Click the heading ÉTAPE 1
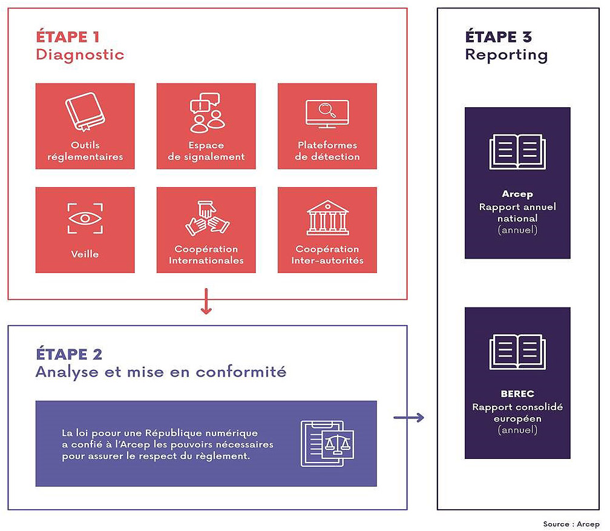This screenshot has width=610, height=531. [68, 36]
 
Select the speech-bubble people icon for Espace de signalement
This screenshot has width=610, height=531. [206, 113]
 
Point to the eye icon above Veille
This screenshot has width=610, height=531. [85, 219]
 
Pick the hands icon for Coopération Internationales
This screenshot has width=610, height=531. [206, 219]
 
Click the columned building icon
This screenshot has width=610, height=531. [327, 218]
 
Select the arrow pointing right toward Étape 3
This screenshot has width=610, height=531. [408, 417]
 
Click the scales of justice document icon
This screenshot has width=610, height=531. [327, 443]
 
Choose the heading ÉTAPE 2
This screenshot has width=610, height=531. [68, 354]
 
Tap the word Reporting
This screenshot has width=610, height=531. [506, 54]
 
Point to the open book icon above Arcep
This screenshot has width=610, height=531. [517, 152]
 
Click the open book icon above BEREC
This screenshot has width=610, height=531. [517, 352]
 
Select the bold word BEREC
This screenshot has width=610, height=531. [517, 394]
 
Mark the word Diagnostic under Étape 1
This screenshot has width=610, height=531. [80, 54]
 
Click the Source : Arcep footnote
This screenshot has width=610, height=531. [571, 524]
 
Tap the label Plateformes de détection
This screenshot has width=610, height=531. [327, 151]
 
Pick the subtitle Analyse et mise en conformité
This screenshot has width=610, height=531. [160, 372]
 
